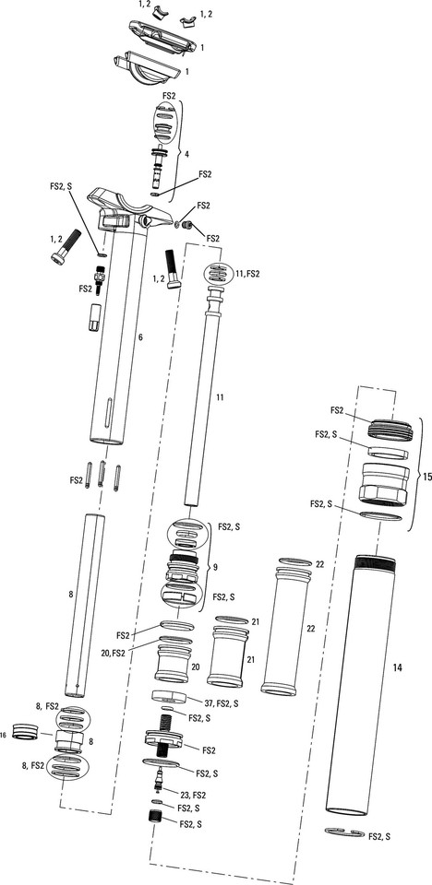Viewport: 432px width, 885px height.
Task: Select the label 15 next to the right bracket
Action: (x=426, y=478)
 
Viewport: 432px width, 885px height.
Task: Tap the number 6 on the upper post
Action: (x=140, y=338)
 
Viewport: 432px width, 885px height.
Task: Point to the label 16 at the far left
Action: (x=6, y=735)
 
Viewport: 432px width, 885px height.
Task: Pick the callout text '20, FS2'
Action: (x=126, y=654)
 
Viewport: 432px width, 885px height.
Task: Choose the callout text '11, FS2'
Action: (x=248, y=275)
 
